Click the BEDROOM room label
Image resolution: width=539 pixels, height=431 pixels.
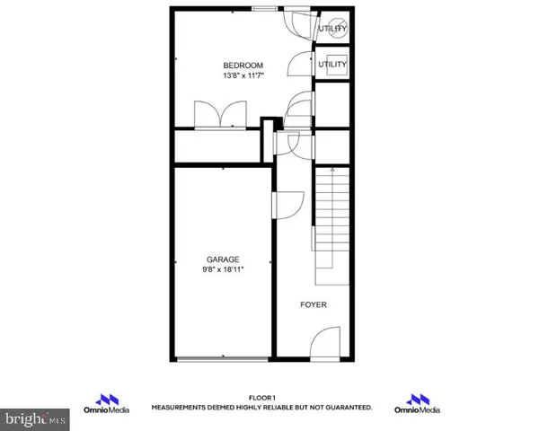[x=243, y=66]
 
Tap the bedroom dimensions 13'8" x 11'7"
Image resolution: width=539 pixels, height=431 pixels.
[x=243, y=76]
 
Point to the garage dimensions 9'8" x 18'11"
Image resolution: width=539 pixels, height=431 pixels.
[x=224, y=269]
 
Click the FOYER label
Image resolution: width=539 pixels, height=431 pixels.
[x=314, y=305]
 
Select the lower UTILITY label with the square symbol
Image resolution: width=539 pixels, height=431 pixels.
[x=332, y=66]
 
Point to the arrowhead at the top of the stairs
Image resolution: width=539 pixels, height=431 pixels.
[x=331, y=169]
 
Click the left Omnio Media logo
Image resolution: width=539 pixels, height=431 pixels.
[x=108, y=403]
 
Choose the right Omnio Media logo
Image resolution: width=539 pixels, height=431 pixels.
[x=418, y=403]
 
